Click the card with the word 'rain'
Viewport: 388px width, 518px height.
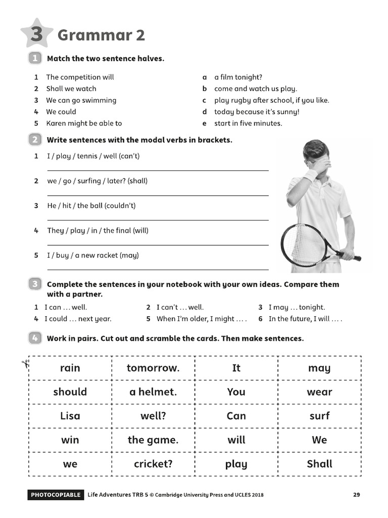click(x=70, y=368)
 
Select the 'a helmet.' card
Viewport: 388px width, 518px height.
click(x=153, y=392)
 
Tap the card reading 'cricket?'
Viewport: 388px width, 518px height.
click(x=153, y=464)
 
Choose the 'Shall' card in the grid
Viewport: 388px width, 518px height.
click(x=319, y=464)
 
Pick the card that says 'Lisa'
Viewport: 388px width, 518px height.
click(x=70, y=416)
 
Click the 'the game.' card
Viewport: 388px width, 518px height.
click(x=153, y=440)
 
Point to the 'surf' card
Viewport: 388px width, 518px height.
click(x=319, y=416)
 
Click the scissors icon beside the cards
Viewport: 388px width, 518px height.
click(x=25, y=365)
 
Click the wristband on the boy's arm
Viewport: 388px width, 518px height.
click(x=311, y=175)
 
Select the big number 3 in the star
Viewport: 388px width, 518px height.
click(x=36, y=34)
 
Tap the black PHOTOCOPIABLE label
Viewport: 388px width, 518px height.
click(x=55, y=495)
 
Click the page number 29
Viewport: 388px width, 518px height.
click(x=357, y=495)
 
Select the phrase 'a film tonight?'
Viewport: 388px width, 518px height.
click(x=238, y=77)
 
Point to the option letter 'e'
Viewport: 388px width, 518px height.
click(x=205, y=123)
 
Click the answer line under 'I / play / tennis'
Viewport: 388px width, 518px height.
click(x=158, y=170)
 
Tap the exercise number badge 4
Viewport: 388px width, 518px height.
click(x=35, y=338)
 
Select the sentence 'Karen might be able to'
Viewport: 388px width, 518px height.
click(x=84, y=123)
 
